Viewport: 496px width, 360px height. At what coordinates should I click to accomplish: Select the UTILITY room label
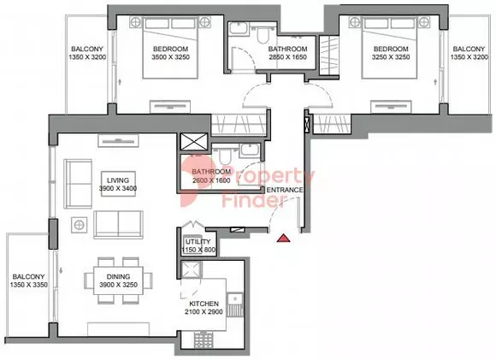pos(198,242)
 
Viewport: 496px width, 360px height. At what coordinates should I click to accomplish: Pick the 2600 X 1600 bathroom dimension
pos(211,181)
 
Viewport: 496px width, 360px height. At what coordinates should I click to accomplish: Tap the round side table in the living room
pos(79,225)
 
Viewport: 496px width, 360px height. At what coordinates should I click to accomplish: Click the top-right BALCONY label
pos(469,49)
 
